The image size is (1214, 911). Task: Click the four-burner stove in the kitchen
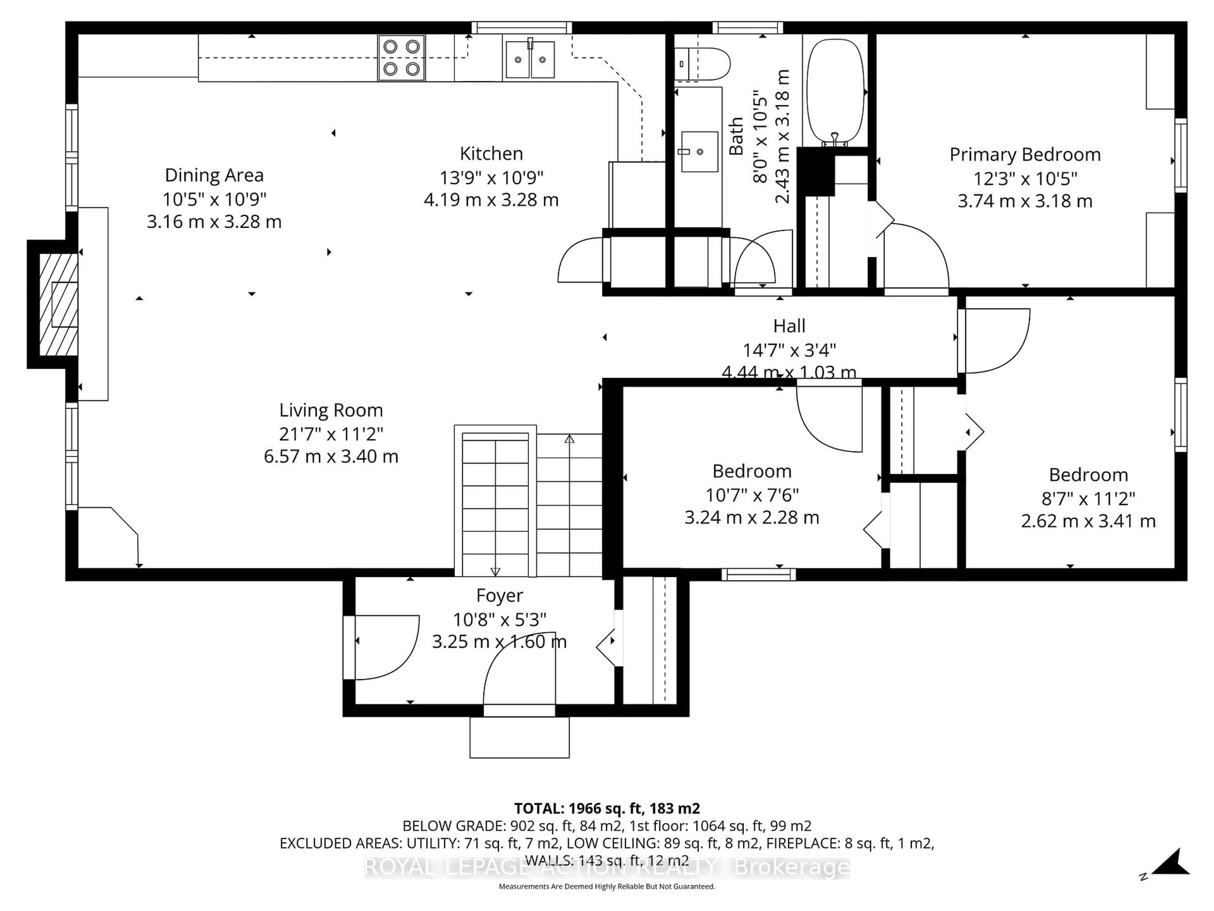click(x=401, y=58)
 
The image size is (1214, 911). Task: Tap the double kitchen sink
click(x=530, y=59)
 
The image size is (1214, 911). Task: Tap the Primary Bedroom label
click(x=1025, y=155)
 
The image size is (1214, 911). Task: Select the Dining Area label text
click(x=214, y=175)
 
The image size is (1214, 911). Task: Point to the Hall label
click(x=789, y=326)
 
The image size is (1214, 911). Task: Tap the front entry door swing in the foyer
click(x=519, y=681)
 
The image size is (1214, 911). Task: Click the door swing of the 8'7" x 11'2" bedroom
click(x=996, y=340)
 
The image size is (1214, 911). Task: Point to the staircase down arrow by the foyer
click(x=495, y=571)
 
